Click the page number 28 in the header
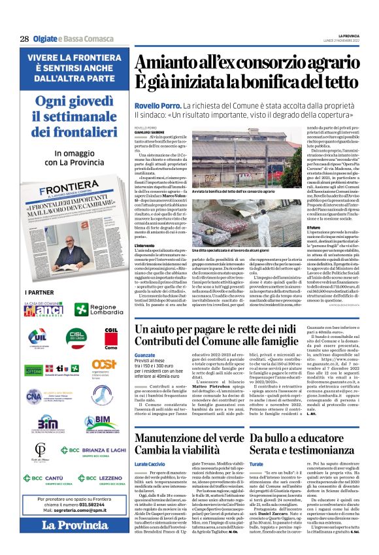tap(24, 39)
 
